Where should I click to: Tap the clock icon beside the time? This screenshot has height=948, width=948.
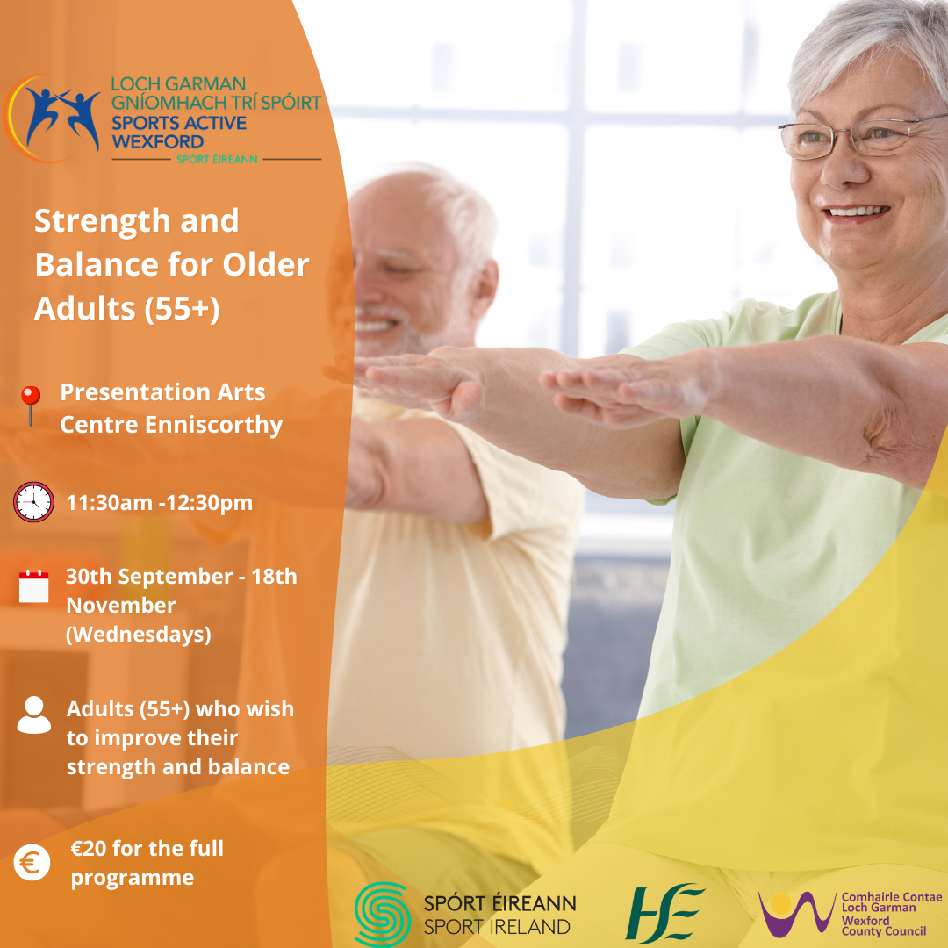click(34, 502)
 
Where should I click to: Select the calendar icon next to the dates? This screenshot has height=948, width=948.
click(34, 585)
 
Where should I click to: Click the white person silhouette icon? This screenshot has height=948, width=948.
click(34, 715)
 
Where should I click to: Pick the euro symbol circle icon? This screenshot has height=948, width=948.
click(32, 862)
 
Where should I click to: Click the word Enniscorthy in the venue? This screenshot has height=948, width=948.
click(213, 425)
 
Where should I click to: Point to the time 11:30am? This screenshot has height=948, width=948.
click(109, 502)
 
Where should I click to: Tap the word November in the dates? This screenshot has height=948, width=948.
click(121, 605)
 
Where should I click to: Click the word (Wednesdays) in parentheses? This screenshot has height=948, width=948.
click(139, 635)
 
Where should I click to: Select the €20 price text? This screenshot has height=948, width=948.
click(89, 848)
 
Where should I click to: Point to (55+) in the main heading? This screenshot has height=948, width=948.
click(182, 308)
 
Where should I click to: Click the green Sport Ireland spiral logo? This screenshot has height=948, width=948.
click(383, 913)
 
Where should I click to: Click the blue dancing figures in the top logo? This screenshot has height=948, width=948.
click(63, 117)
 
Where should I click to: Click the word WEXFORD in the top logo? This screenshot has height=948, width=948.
click(158, 142)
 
